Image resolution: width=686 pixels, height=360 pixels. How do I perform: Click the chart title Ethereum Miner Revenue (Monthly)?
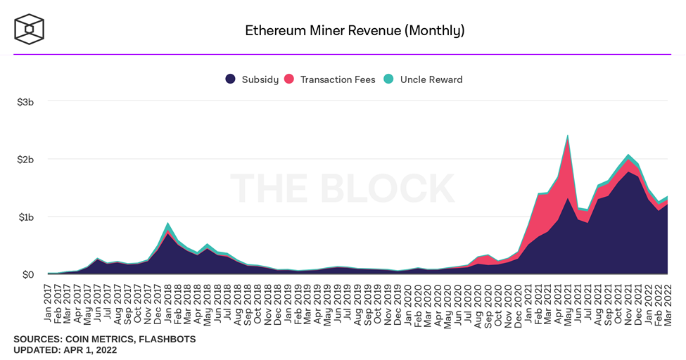[x=355, y=30]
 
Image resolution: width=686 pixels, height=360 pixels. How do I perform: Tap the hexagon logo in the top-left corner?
[x=29, y=29]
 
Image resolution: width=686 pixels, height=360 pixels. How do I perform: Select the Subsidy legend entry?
[x=252, y=79]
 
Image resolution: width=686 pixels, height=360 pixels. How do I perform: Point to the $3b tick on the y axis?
[x=25, y=102]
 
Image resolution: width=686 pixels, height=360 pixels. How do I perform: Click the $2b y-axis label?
[x=25, y=160]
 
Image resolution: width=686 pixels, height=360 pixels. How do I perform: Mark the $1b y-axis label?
[x=25, y=217]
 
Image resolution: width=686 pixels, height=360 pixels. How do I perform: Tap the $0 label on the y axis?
[x=27, y=274]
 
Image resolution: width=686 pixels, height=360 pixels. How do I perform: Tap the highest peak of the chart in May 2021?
[x=567, y=136]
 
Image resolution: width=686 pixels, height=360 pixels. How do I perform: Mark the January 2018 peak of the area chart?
[x=167, y=224]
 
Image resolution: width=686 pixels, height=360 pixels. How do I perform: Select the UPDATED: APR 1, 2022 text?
[x=65, y=349]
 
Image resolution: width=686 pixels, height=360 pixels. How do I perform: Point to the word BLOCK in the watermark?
[x=395, y=188]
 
